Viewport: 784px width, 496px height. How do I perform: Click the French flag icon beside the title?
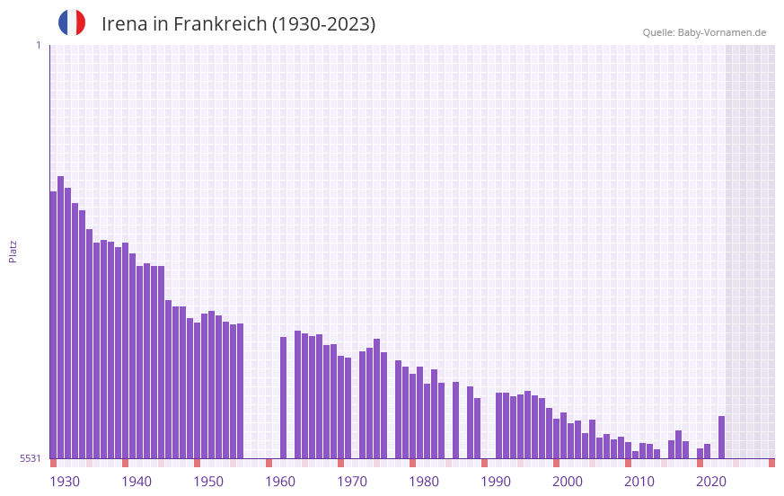point(72,23)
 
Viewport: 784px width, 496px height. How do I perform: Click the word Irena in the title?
point(124,24)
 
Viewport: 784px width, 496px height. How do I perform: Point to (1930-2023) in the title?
point(323,24)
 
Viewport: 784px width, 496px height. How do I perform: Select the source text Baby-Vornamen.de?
point(721,32)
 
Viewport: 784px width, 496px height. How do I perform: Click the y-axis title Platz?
point(13,251)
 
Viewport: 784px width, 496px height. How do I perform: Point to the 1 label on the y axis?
point(38,45)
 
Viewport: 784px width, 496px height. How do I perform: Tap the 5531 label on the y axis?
point(31,458)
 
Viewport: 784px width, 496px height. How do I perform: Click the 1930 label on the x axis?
point(65,482)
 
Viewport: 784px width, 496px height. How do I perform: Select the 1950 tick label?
point(208,482)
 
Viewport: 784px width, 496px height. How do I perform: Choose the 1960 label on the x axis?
point(280,482)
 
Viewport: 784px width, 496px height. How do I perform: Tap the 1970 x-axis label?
point(352,482)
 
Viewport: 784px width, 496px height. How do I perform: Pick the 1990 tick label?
point(496,482)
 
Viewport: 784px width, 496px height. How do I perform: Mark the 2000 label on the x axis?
point(568,482)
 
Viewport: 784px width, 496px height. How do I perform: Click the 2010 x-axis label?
point(639,482)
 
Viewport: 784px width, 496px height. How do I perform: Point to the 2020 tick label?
point(711,482)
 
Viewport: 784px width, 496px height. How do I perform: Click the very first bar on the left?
point(54,324)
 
